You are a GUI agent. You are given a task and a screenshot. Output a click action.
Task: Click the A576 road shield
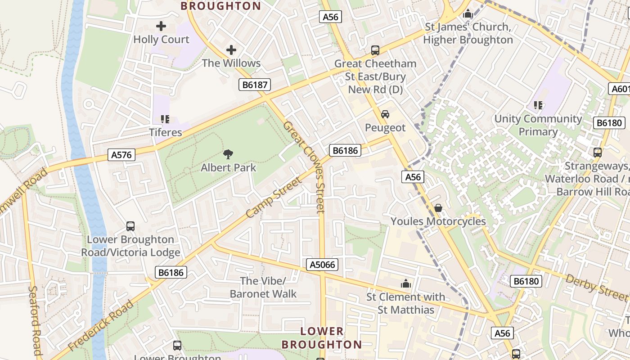tap(121, 155)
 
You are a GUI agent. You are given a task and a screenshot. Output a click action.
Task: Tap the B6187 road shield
tap(255, 84)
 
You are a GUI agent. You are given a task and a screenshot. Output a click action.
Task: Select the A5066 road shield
tap(323, 265)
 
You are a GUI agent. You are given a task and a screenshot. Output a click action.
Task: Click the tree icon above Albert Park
tap(228, 154)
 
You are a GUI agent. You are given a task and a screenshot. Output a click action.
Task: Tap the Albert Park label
tap(228, 168)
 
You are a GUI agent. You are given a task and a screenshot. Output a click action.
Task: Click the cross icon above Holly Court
tap(161, 26)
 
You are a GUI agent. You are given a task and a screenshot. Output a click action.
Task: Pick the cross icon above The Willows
tap(231, 49)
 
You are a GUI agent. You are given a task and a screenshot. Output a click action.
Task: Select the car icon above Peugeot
tap(385, 114)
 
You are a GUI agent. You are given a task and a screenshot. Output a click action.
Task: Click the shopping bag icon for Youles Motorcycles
tap(438, 208)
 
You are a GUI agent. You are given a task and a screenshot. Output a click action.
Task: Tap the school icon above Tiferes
tap(165, 119)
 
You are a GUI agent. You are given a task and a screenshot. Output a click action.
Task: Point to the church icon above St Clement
tap(406, 283)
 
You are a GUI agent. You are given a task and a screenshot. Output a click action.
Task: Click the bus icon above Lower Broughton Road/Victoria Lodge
tap(130, 226)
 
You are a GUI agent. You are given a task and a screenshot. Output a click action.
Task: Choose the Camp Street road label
tap(273, 198)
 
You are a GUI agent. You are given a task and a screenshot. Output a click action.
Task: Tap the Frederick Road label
tap(101, 325)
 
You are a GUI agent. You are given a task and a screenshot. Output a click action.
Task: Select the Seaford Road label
tap(35, 320)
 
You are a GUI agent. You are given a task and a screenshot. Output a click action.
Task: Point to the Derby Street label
tap(596, 287)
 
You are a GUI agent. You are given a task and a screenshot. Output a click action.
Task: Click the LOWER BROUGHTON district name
tap(321, 338)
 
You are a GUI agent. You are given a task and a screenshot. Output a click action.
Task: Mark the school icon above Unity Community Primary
tap(538, 105)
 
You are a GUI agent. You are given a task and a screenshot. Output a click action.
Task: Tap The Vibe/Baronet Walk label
tap(263, 288)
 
